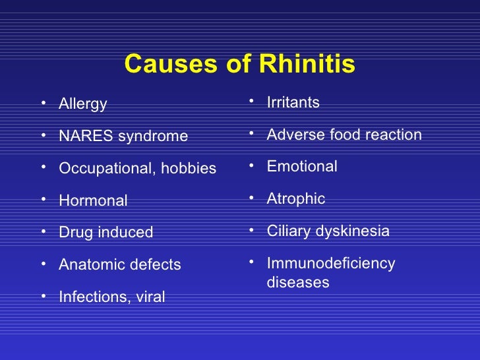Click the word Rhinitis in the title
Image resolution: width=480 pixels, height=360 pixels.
point(307,65)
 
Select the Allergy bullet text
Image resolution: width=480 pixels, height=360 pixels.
point(82,104)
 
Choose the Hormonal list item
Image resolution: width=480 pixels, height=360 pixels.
point(93,200)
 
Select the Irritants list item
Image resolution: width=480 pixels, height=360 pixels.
point(293,103)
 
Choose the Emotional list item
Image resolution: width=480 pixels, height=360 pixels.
point(302,167)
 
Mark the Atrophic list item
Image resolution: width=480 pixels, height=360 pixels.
point(295,199)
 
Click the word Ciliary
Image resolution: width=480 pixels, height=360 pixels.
point(288,231)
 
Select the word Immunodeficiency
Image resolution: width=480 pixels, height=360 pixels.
point(330,264)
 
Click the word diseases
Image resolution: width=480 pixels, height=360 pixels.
point(297,283)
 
